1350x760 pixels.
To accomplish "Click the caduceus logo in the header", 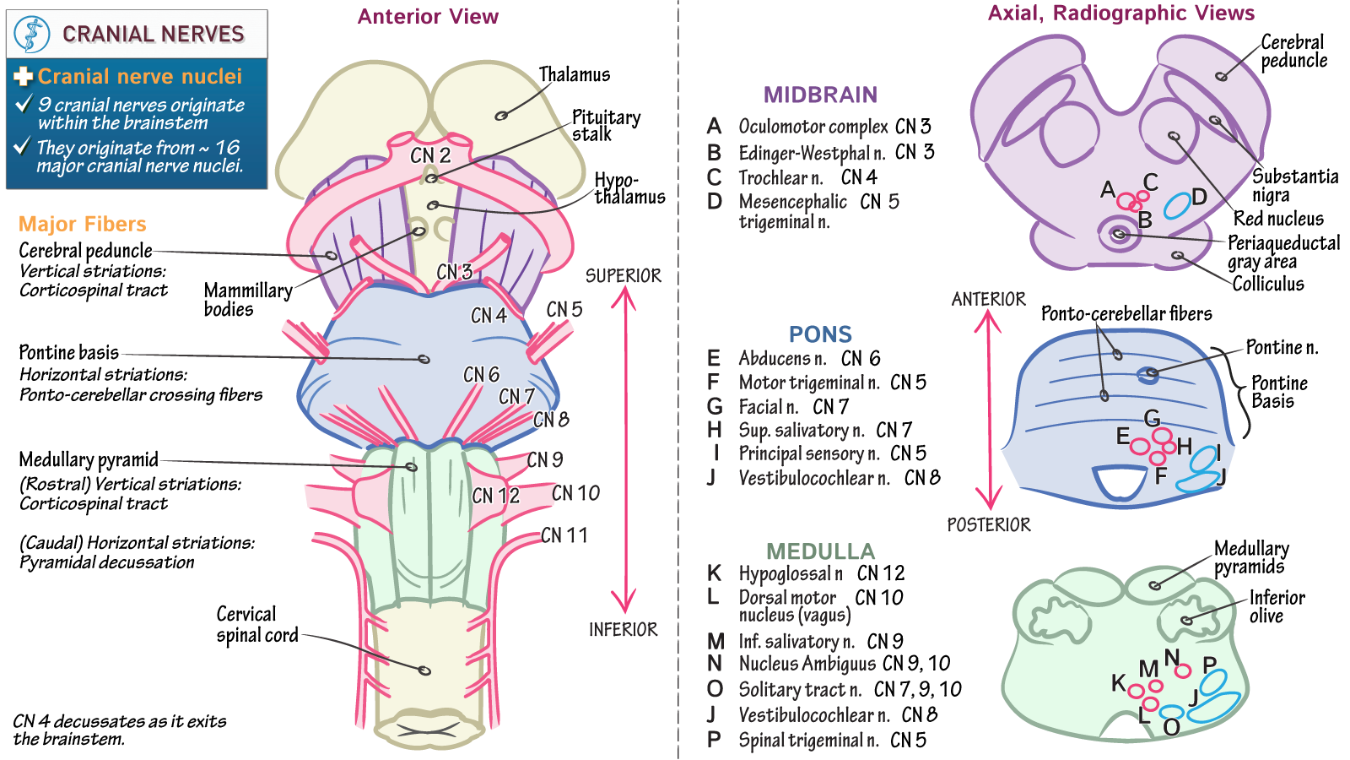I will point(32,35).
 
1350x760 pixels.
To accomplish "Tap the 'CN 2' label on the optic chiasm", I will point(430,155).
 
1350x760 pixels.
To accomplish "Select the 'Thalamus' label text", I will point(574,74).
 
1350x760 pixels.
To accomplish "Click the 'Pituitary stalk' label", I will point(605,125).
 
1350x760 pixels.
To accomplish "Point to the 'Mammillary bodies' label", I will point(247,300).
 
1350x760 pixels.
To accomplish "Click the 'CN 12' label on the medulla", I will point(495,496).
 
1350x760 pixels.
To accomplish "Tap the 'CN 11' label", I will point(564,535).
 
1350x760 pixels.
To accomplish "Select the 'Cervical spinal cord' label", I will point(256,624).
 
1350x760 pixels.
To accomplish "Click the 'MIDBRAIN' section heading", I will point(820,95).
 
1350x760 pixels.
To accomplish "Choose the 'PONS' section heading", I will point(820,334).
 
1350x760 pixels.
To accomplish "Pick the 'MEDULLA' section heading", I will point(820,551).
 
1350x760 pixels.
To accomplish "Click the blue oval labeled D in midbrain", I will point(1177,204).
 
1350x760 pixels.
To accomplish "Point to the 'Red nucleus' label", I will point(1277,219).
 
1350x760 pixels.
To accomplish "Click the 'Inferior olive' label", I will point(1276,606).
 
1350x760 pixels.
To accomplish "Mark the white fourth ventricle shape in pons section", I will point(1120,482).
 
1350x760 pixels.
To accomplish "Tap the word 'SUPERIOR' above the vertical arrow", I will point(623,276).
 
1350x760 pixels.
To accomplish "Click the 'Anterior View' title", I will point(428,17).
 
